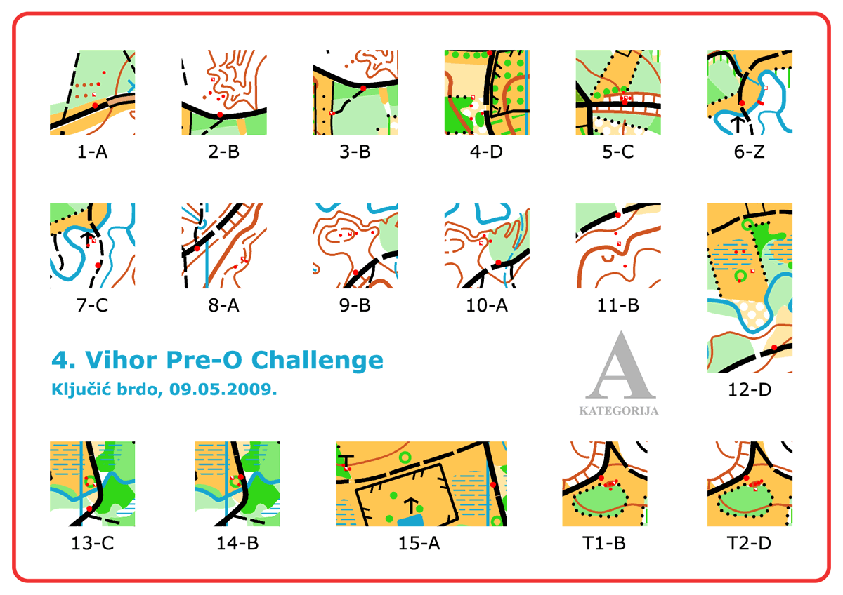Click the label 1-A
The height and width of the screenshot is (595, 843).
(x=92, y=152)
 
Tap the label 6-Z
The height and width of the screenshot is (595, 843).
(x=750, y=152)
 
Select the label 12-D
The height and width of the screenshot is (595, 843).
(x=750, y=389)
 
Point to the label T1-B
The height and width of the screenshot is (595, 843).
(x=604, y=543)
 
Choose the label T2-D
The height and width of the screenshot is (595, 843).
(x=750, y=543)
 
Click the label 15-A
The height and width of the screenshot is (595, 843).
(x=419, y=543)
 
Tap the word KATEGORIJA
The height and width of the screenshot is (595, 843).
(x=619, y=411)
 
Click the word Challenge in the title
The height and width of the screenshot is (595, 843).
(x=318, y=361)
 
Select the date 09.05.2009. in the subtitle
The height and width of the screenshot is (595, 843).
(x=223, y=389)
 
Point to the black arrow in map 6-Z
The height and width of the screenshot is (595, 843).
(x=737, y=124)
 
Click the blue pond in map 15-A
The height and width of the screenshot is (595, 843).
(x=410, y=521)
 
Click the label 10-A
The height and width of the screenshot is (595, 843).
(x=487, y=305)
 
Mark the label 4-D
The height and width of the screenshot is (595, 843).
(x=486, y=152)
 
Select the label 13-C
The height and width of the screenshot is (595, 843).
(x=92, y=543)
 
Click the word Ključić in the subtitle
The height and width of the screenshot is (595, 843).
(x=81, y=389)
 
